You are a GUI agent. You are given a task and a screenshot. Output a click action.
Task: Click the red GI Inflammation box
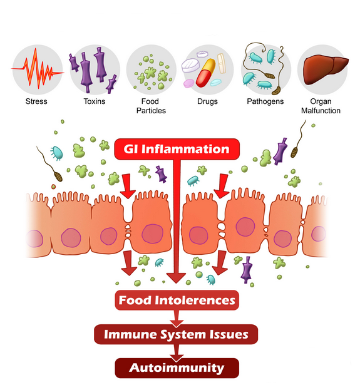coord(177,149)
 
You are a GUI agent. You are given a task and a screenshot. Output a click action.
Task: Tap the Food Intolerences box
coord(177,300)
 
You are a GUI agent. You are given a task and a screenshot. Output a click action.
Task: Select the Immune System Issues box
coord(176,334)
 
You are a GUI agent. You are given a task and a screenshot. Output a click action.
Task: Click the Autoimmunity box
coord(177,368)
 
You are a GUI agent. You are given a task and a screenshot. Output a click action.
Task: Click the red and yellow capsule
coord(205,73)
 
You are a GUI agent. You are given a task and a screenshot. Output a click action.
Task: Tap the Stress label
coord(36,101)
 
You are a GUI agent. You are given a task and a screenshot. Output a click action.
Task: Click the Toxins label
coord(95,101)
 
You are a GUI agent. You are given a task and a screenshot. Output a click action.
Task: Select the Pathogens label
coord(265,101)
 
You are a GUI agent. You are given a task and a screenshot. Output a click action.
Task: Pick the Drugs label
coord(207,101)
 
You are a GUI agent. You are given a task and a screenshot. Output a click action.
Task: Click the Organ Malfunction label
coord(321,106)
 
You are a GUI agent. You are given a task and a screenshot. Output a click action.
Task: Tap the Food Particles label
coord(151,106)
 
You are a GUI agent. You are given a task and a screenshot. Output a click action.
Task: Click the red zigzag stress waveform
coord(38,68)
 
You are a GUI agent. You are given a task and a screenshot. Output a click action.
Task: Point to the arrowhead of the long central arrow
coord(176,278)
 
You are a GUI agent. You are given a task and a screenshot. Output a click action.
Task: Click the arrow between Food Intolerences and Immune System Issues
coord(177,318)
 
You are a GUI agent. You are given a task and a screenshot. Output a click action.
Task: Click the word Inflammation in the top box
coord(185,149)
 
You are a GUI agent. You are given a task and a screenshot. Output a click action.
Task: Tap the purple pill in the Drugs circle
coord(188,83)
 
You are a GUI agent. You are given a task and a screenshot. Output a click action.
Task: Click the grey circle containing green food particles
coord(151,69)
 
